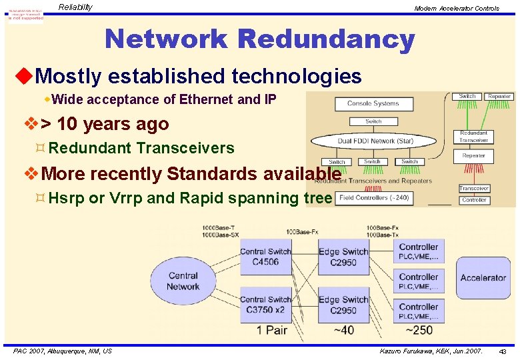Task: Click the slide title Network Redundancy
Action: (x=259, y=39)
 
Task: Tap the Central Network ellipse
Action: (x=183, y=281)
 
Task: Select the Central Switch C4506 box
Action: (x=265, y=257)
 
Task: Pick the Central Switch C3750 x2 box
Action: (x=265, y=305)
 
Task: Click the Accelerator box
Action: (x=483, y=277)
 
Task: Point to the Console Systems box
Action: (x=373, y=103)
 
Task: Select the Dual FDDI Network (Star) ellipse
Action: (x=374, y=141)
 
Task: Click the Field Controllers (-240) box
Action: (x=373, y=198)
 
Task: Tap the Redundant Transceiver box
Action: (x=473, y=137)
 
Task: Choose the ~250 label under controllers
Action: (x=419, y=330)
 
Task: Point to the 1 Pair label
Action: (x=273, y=330)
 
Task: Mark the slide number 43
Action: (x=503, y=351)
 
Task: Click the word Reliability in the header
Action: (x=75, y=7)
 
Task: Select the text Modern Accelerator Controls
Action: (x=456, y=8)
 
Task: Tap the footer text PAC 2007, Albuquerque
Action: (x=63, y=351)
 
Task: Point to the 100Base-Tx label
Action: (x=382, y=235)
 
